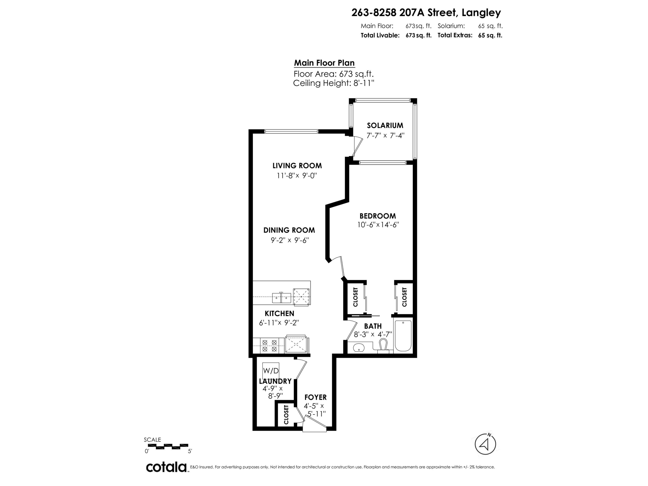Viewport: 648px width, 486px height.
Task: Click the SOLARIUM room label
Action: click(385, 125)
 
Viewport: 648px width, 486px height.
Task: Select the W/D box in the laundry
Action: click(271, 371)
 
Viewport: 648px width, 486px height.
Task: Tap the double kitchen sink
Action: click(281, 298)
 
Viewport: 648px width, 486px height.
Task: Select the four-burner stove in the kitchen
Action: click(269, 345)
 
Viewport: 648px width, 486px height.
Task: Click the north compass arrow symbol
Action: click(485, 444)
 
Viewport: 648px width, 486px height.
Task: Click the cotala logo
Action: click(166, 467)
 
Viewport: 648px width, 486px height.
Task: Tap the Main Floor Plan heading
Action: click(324, 63)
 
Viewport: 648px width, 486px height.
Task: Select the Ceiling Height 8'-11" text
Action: click(334, 83)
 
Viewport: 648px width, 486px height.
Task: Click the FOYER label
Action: click(316, 397)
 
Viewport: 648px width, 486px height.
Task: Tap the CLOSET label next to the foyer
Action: click(286, 415)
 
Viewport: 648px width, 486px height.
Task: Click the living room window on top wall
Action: click(291, 131)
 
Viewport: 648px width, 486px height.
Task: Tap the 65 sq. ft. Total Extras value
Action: click(490, 35)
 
